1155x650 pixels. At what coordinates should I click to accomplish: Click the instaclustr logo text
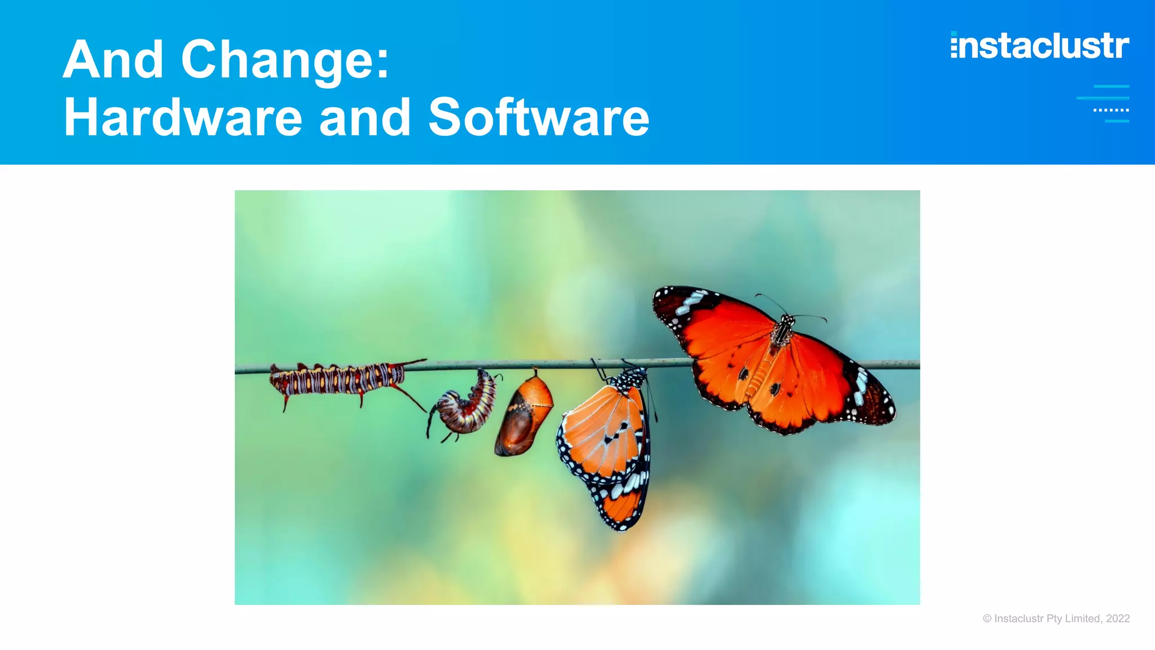1040,46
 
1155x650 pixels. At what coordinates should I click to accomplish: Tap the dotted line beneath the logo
1110,110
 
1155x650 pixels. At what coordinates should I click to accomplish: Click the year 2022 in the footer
1118,618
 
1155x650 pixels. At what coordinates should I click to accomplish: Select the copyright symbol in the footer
987,618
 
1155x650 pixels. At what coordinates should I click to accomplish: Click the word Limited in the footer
1082,618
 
